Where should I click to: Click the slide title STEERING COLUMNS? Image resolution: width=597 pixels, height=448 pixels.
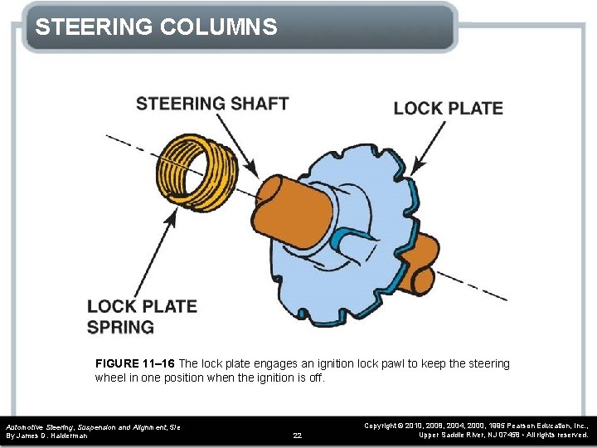(x=156, y=27)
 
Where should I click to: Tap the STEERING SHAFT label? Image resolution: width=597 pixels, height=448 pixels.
(x=212, y=104)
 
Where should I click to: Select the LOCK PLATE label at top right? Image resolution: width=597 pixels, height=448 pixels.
(x=448, y=108)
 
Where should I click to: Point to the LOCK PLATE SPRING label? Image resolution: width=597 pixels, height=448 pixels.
(x=142, y=316)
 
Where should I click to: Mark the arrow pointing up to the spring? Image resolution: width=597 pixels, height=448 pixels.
(x=162, y=249)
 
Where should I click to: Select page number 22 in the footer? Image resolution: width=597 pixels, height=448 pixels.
(x=298, y=435)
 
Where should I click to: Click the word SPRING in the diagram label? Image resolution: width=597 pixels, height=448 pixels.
(x=120, y=327)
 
